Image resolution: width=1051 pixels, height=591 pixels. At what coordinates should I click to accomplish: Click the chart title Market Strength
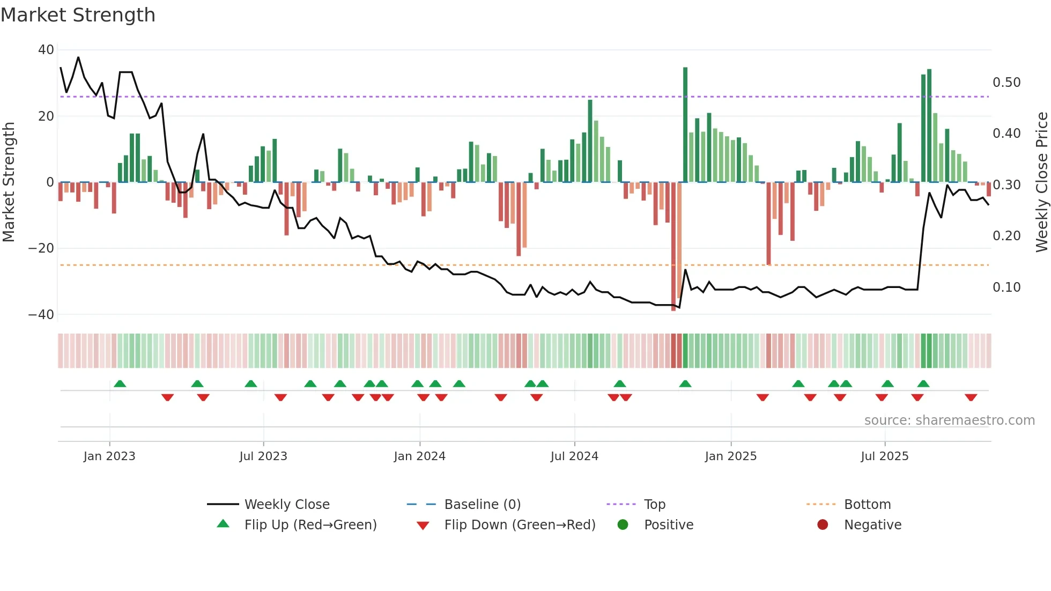[78, 15]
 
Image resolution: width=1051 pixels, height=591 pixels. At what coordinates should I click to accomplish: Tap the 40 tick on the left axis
[46, 50]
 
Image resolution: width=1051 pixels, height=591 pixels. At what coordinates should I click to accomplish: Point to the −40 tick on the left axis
[41, 315]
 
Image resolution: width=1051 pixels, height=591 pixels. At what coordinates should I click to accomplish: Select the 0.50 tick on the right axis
[1006, 83]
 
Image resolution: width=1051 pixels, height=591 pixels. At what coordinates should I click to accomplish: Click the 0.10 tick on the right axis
[1006, 287]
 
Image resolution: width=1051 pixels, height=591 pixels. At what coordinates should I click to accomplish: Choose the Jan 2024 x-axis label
[419, 456]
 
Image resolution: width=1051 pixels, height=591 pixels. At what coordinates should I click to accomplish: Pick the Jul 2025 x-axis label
[884, 456]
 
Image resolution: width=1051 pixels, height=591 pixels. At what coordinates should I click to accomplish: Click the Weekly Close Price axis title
[1041, 182]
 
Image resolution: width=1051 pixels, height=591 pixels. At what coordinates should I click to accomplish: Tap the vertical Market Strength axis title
[9, 182]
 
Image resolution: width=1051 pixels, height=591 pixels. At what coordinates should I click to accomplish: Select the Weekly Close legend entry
[286, 505]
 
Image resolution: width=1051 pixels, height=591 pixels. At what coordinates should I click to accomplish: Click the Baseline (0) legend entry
[482, 505]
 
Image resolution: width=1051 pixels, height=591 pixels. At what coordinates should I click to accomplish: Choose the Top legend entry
[654, 505]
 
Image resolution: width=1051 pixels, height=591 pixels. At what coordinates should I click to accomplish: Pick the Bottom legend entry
[867, 505]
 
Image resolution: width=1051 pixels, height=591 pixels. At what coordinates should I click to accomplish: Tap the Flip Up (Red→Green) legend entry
[310, 525]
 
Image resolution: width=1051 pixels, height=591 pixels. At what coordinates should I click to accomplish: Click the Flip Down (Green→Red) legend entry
[520, 525]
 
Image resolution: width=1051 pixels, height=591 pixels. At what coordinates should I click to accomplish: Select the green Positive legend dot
[623, 525]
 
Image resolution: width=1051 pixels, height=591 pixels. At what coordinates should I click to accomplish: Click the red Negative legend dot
[823, 525]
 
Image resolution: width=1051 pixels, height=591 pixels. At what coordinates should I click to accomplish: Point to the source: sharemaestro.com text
[949, 420]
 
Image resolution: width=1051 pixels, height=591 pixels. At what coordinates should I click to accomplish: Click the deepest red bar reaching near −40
[673, 247]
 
